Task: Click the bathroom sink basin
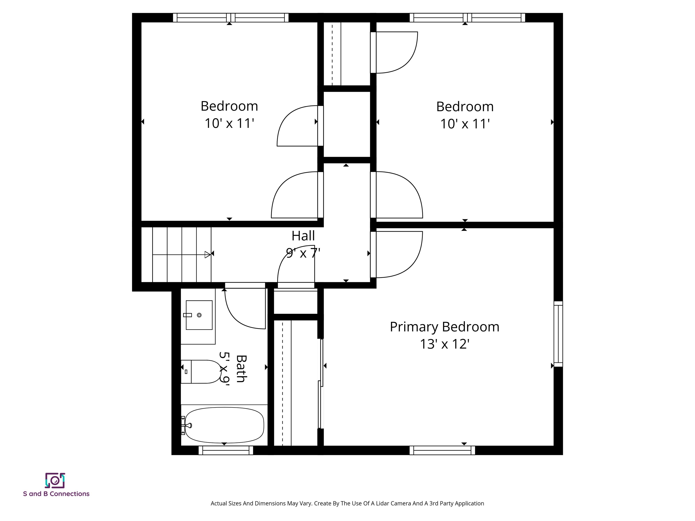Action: click(199, 315)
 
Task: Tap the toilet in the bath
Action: click(203, 372)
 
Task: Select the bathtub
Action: click(224, 425)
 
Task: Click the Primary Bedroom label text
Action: click(444, 327)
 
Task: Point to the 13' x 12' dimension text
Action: click(444, 344)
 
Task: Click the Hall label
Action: click(303, 236)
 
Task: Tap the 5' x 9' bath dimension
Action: click(224, 368)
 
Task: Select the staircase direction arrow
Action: click(207, 255)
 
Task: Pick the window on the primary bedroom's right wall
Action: click(558, 334)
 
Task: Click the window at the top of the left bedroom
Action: click(231, 18)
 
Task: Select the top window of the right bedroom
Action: click(467, 18)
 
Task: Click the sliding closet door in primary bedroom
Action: click(321, 383)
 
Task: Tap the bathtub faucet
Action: click(188, 426)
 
